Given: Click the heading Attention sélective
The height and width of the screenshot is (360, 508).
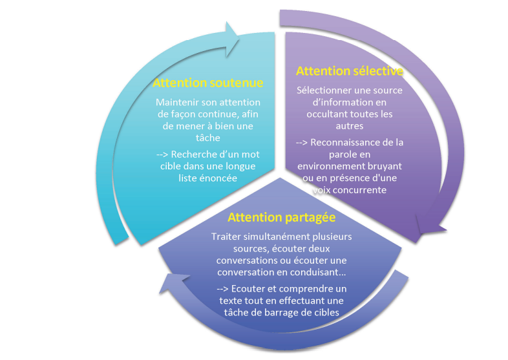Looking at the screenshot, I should tap(349, 70).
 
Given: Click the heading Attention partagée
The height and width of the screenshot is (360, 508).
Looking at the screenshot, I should tap(281, 217).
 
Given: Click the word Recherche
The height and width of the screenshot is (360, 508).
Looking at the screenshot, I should tap(200, 155).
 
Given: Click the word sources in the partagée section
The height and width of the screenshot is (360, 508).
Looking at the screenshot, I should tap(230, 248).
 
